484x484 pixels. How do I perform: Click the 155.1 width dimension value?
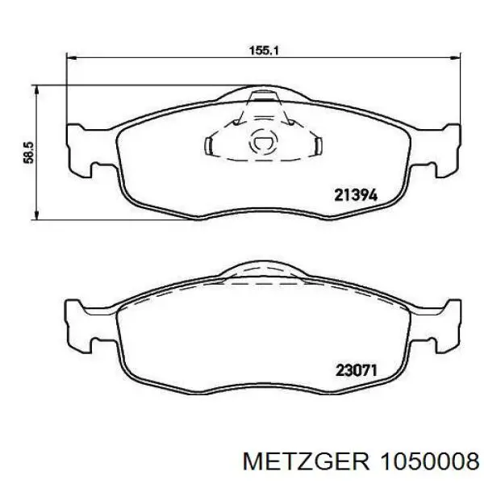[x=264, y=50]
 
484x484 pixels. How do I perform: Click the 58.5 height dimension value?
[x=28, y=152]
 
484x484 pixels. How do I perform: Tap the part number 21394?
[x=356, y=195]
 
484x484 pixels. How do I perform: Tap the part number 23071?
[x=357, y=370]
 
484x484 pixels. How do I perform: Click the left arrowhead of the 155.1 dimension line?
[x=72, y=57]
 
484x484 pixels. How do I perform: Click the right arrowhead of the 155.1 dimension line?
[x=455, y=57]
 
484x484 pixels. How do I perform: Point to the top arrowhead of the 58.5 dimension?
[x=36, y=90]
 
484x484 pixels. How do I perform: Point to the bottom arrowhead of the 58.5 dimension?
[x=36, y=215]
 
